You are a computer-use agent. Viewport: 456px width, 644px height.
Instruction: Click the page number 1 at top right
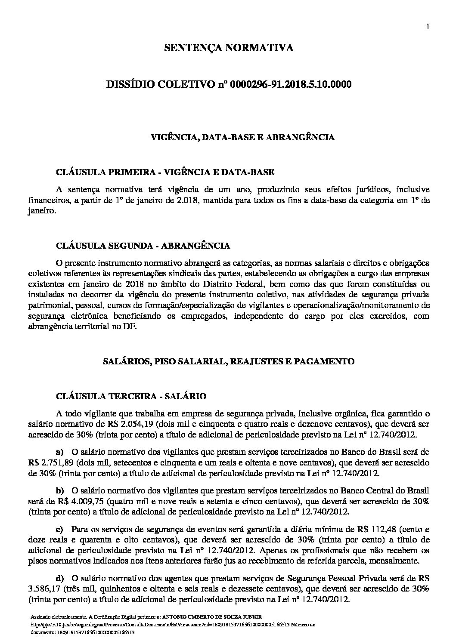[428, 27]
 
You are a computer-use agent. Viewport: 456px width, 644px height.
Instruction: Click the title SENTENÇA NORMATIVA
[229, 48]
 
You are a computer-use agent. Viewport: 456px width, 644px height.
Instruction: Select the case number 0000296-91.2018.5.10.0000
[291, 84]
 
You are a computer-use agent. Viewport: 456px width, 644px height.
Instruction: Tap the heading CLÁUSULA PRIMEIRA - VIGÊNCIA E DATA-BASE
[165, 172]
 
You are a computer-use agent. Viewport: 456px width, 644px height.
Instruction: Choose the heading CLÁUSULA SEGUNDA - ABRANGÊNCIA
[143, 246]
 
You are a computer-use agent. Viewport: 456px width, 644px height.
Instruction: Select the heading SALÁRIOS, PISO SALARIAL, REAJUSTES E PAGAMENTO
[228, 361]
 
